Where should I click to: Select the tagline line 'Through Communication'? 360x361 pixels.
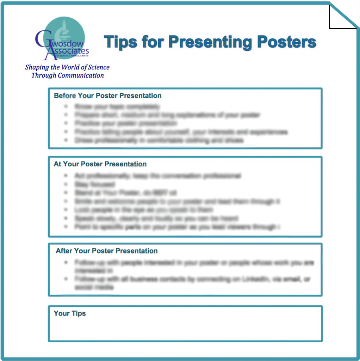pos(67,75)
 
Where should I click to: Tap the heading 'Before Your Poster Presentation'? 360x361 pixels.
pos(107,96)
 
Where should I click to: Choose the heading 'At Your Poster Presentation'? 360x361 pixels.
pos(100,164)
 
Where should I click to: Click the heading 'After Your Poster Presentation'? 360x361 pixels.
pos(106,251)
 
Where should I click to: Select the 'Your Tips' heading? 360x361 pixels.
pos(69,313)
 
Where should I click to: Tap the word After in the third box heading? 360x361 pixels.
pos(63,251)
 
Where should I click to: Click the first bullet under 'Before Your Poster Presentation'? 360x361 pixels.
pos(66,106)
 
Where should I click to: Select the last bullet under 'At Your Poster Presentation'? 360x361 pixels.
pos(66,227)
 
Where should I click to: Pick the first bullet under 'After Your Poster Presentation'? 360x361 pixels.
pos(66,263)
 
